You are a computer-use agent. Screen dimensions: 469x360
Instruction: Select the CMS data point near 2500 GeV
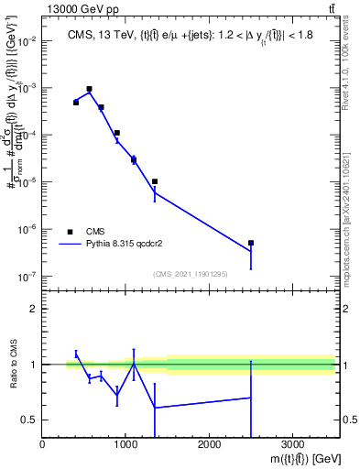point(250,243)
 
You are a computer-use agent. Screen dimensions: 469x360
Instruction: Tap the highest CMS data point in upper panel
point(89,89)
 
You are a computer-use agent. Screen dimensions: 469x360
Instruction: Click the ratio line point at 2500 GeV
point(250,398)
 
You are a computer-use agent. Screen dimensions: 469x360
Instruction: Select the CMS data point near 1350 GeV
point(155,181)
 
